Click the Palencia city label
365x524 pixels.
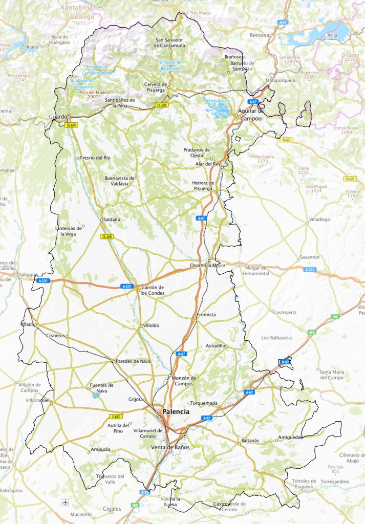pos(175,411)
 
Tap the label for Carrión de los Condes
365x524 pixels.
pos(152,290)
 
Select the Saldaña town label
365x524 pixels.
pos(112,219)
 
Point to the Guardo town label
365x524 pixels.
pos(57,117)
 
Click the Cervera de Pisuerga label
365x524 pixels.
pos(156,87)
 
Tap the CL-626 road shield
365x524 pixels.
pos(162,105)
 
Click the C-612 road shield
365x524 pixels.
pos(116,417)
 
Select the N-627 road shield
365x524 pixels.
pos(287,139)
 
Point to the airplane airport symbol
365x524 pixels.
pos(65,501)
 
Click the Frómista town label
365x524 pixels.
pos(206,315)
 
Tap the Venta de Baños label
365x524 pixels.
pos(170,447)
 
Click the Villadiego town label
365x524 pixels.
pos(319,219)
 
